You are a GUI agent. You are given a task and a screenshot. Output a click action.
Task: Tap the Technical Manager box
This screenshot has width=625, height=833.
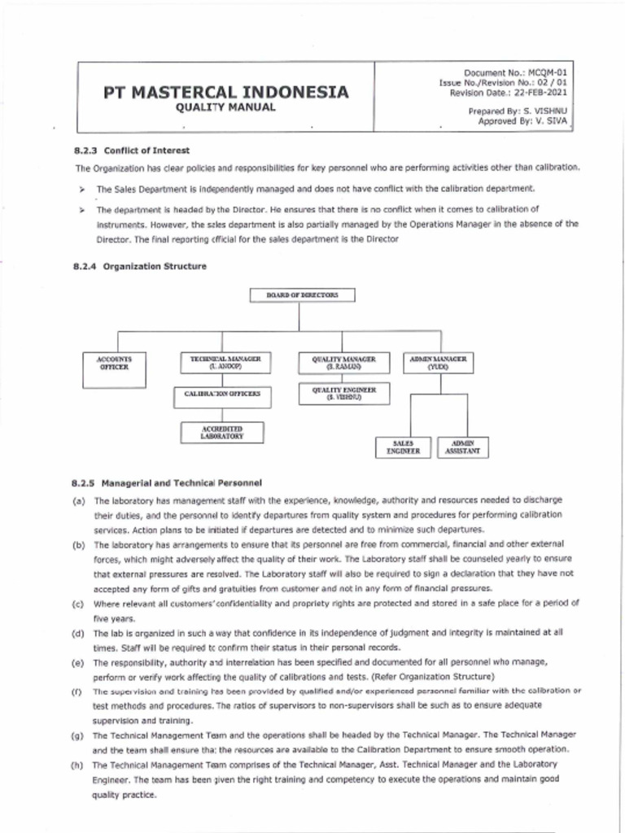coord(225,362)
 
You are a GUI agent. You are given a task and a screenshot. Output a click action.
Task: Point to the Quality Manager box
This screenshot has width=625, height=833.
coord(343,362)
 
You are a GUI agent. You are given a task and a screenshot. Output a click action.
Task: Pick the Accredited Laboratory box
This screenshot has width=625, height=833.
coord(223,431)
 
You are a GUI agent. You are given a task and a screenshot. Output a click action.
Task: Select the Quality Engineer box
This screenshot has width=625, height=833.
coord(343,394)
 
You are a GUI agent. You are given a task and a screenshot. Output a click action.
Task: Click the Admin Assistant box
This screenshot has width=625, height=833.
coord(457,447)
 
